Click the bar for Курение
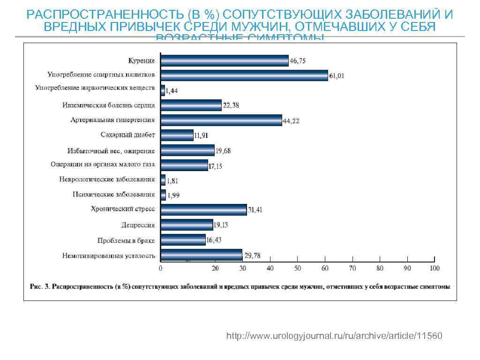pos(225,60)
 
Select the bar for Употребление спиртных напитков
pos(244,75)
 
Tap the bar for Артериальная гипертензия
pos(221,120)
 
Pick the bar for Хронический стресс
pos(203,210)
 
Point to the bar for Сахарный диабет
pos(177,135)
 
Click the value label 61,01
pos(337,76)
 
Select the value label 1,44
pos(172,91)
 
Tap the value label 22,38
pos(231,106)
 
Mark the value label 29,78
pos(252,255)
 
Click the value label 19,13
pos(221,225)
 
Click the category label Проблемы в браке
pos(126,240)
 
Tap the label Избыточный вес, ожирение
pos(111,150)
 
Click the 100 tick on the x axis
pos(435,269)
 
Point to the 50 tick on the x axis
pos(298,269)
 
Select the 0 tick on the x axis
pos(161,269)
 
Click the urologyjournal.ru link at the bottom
pos(333,337)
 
